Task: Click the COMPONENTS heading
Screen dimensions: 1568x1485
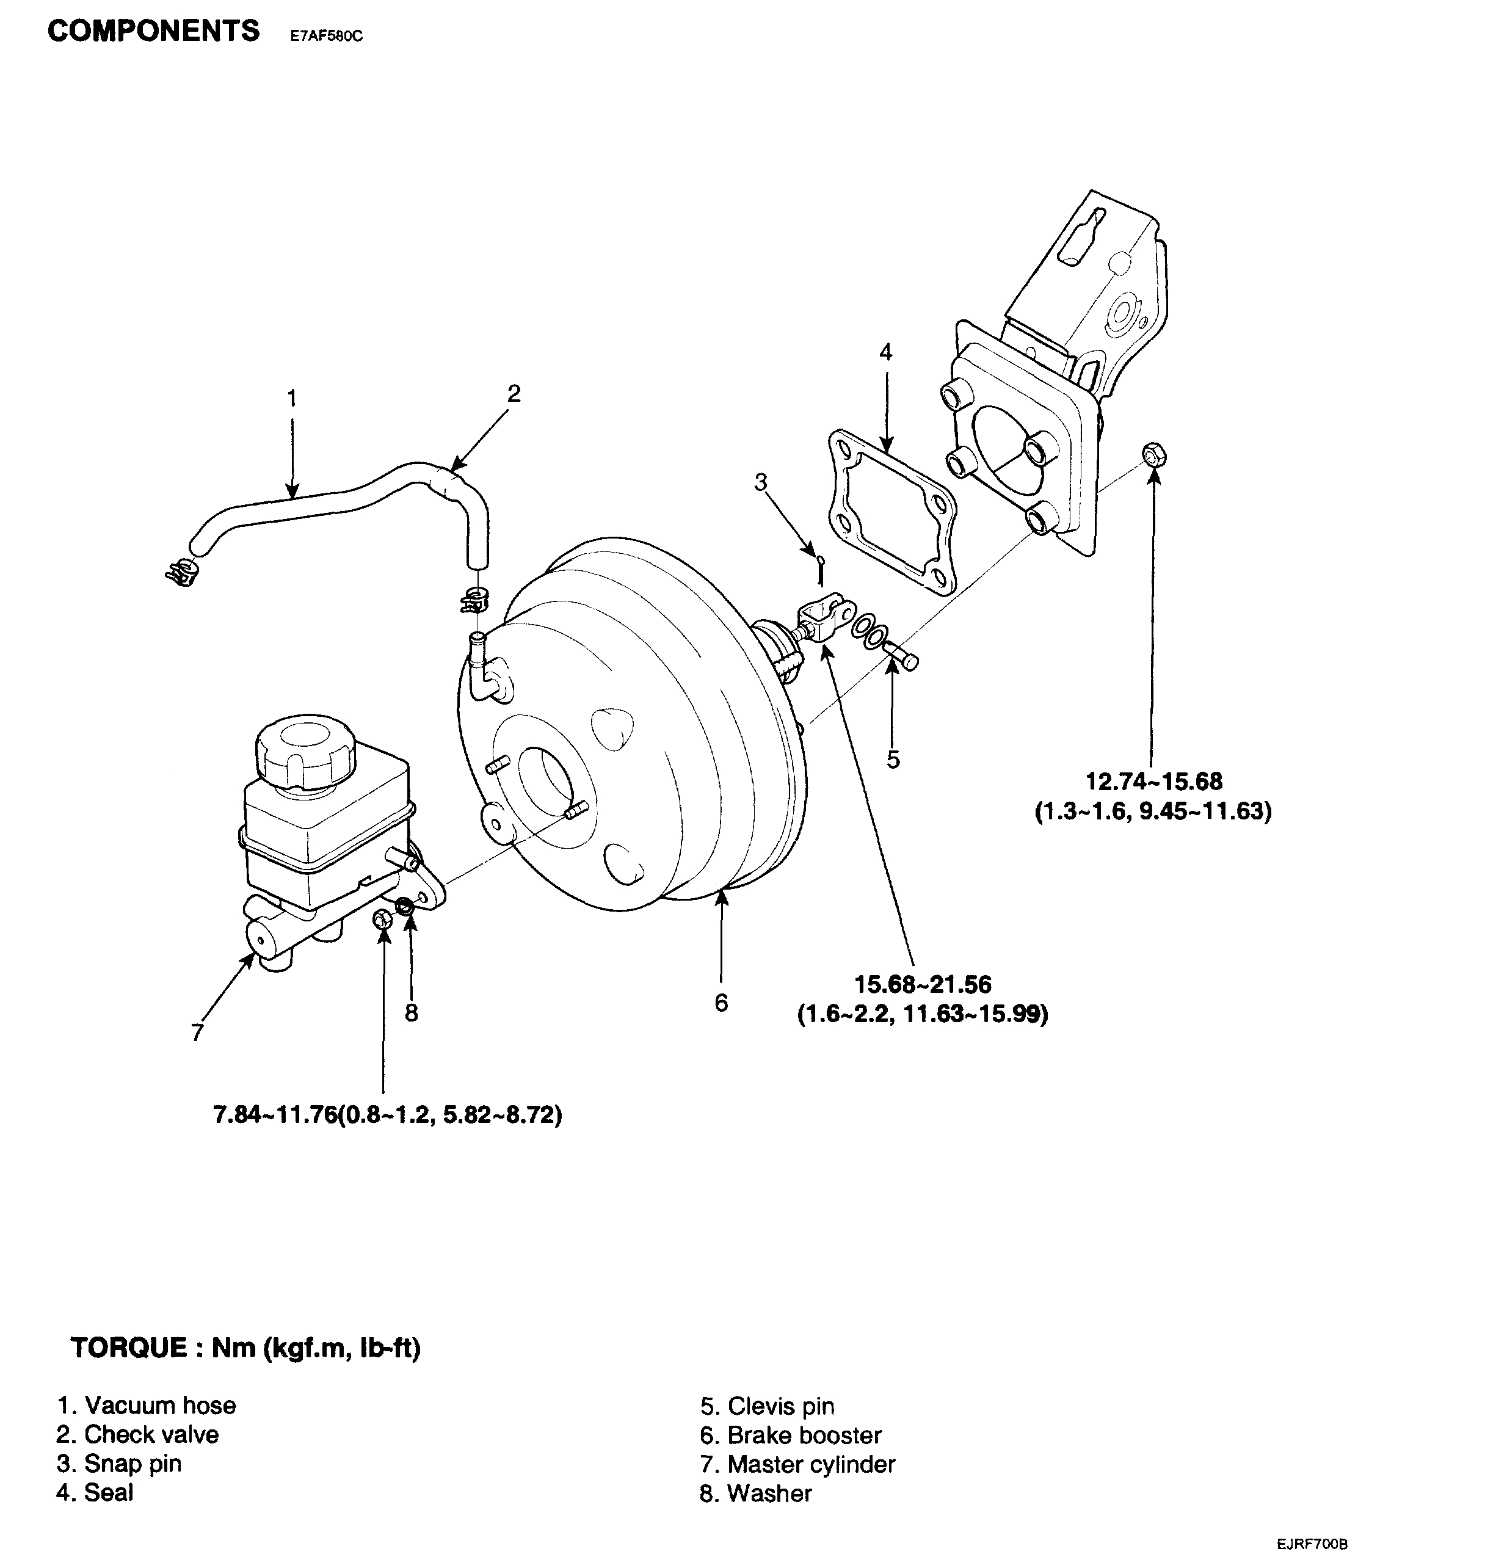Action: (153, 32)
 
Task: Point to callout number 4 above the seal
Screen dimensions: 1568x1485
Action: (886, 352)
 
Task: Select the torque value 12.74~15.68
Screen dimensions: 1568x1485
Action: (1153, 782)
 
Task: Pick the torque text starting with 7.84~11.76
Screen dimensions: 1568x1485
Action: (388, 1116)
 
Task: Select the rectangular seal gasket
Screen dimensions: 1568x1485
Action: (891, 512)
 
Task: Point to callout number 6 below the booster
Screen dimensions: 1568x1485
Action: (721, 1003)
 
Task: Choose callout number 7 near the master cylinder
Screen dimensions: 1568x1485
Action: (198, 1032)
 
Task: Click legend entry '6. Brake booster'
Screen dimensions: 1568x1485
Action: (790, 1435)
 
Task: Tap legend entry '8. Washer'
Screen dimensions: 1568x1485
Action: (756, 1494)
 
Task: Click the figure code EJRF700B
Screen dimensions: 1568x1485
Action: (1312, 1544)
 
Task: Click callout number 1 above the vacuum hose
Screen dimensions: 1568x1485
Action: (292, 398)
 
